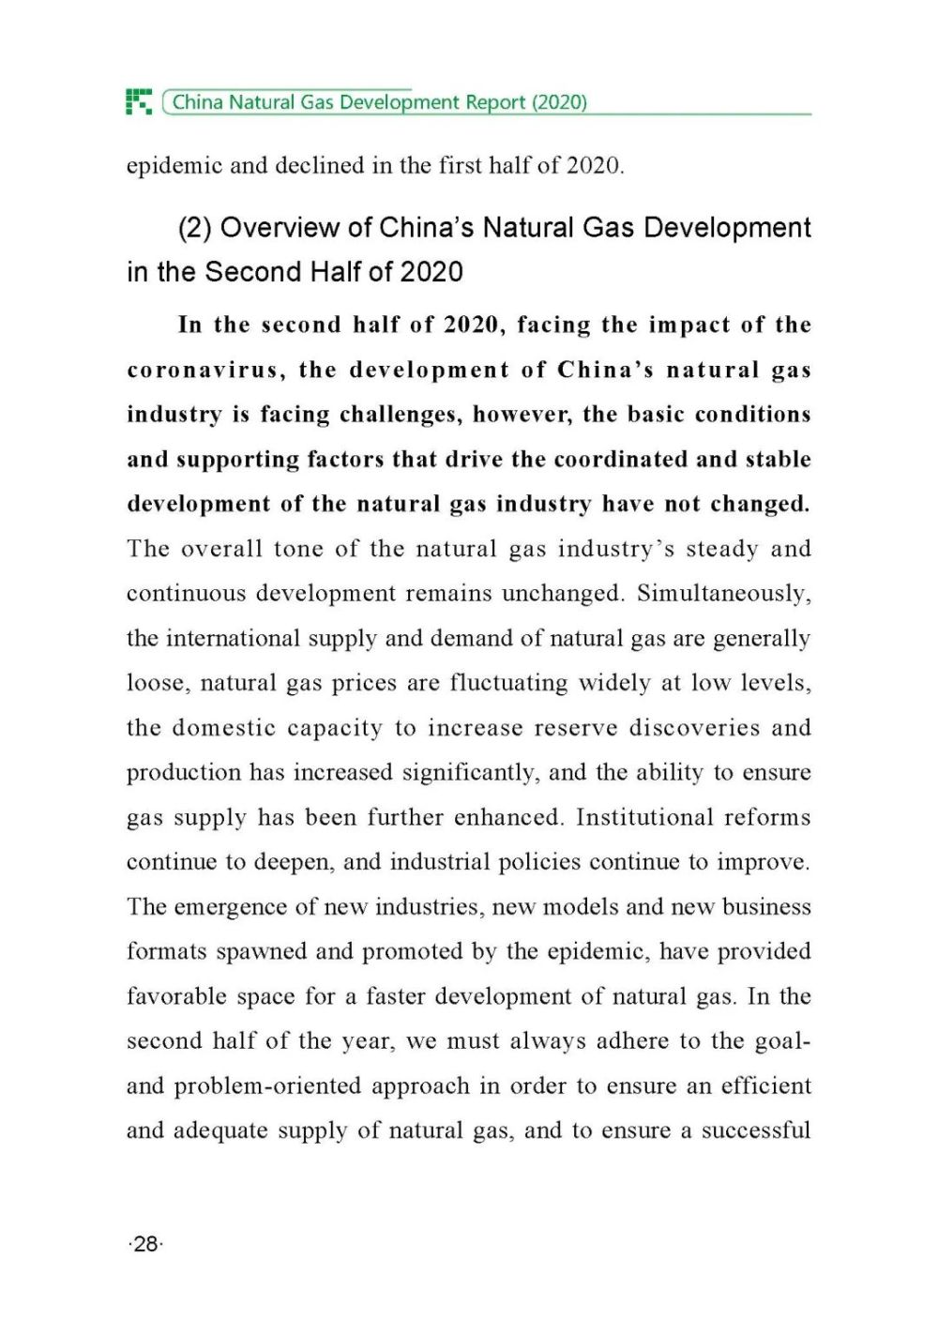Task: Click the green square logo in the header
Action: click(139, 101)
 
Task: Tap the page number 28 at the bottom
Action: click(145, 1244)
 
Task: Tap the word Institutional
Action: click(639, 817)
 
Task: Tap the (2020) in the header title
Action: click(559, 102)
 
